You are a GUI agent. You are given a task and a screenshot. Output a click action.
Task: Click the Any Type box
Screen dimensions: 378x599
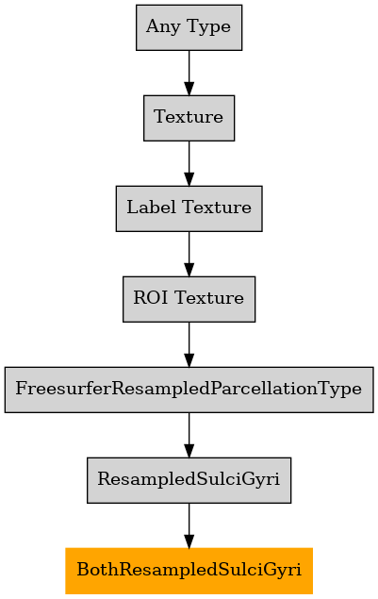click(x=189, y=27)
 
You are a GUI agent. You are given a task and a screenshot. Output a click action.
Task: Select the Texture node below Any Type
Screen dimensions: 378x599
click(x=189, y=118)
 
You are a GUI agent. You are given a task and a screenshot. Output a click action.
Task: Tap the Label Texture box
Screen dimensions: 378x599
click(x=189, y=208)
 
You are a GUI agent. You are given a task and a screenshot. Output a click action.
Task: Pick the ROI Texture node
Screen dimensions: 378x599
click(x=189, y=299)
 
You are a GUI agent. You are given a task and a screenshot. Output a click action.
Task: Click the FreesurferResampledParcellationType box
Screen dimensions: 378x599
click(x=189, y=390)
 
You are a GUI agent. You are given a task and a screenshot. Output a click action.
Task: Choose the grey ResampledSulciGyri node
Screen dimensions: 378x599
click(x=189, y=480)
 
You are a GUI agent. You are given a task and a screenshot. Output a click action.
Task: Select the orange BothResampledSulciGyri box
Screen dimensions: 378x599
click(x=189, y=571)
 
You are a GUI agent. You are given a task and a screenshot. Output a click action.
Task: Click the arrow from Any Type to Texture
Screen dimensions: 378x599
click(x=189, y=73)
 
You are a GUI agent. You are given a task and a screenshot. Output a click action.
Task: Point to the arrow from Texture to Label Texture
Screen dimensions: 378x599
click(x=189, y=163)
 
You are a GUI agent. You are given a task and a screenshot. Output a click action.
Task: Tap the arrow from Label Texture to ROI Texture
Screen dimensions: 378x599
click(x=189, y=254)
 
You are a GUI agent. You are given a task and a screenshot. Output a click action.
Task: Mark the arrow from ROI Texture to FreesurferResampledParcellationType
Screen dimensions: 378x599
click(x=189, y=344)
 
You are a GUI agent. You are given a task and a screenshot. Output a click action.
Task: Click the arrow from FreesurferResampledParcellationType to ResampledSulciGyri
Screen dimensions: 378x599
click(x=189, y=435)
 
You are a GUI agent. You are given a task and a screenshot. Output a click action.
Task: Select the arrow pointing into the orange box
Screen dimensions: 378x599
click(x=189, y=525)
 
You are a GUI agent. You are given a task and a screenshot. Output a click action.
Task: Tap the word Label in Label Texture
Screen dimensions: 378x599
click(x=152, y=208)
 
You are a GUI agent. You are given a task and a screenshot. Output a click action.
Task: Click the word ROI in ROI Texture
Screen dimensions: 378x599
click(x=151, y=298)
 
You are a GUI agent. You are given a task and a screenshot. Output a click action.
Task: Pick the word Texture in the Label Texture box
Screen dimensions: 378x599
click(x=217, y=208)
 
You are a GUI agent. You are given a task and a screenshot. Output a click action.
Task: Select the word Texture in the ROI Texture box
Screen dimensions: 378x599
click(x=209, y=298)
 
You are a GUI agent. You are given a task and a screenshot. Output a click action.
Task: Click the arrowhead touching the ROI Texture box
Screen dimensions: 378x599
click(x=189, y=270)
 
